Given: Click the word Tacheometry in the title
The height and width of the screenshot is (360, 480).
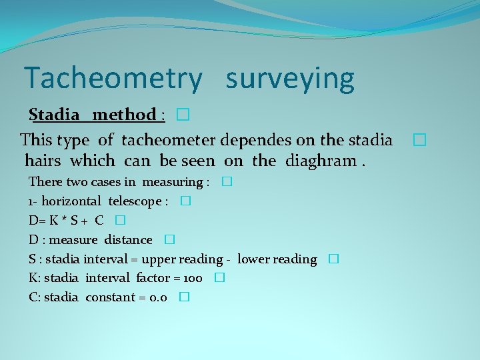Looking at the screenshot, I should [112, 79].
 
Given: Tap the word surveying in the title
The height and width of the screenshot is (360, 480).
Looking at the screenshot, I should [290, 79].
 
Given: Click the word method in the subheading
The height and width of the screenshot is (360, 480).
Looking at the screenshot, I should [124, 115].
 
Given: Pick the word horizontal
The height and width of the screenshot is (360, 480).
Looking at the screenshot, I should [71, 201].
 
